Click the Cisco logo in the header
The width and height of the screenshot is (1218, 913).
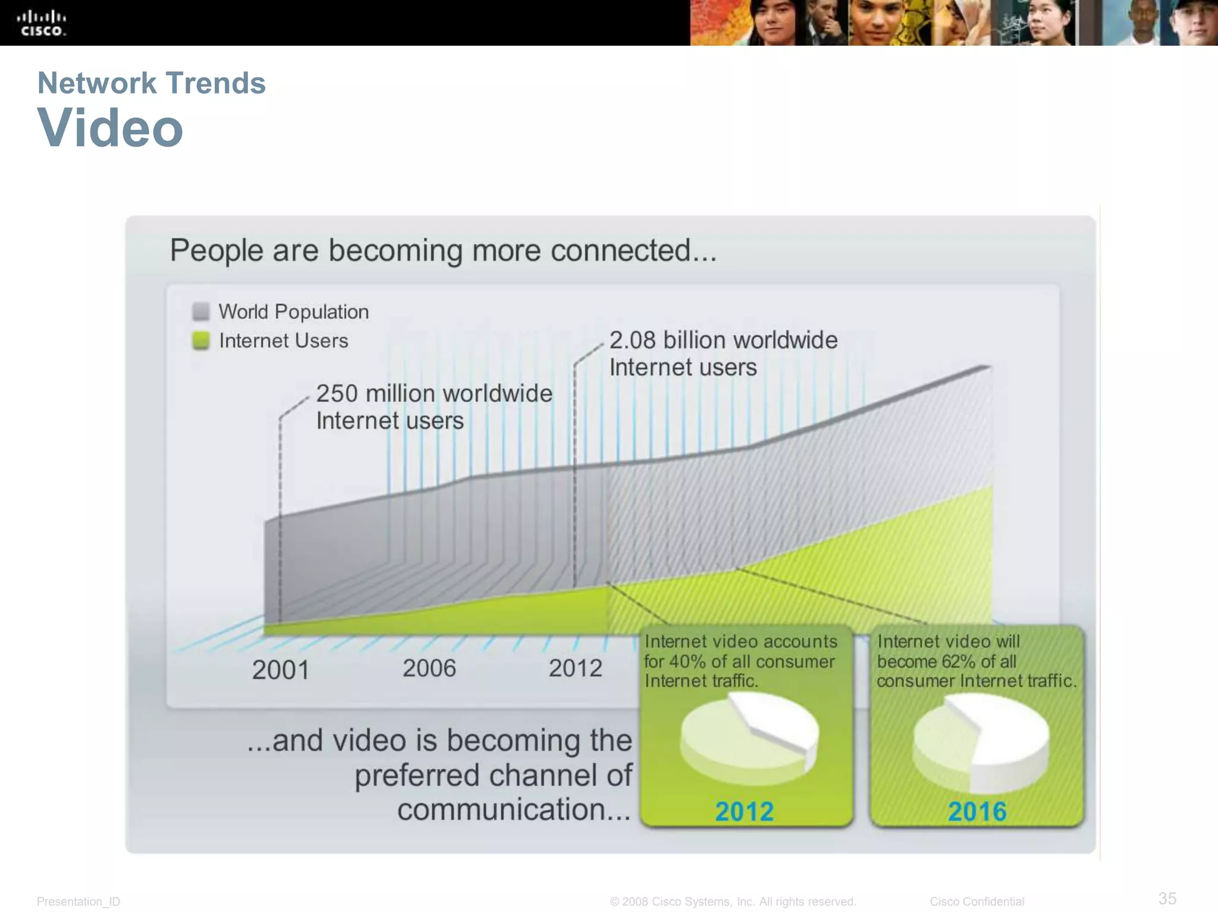click(x=41, y=23)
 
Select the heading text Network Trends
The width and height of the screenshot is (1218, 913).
click(x=151, y=83)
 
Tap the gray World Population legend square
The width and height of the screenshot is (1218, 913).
click(x=201, y=311)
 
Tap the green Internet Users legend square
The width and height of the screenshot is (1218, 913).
click(x=201, y=341)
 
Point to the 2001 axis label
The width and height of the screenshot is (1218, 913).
click(x=280, y=670)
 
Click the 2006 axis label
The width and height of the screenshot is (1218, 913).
click(x=429, y=668)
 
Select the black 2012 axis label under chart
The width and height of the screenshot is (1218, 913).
click(x=575, y=668)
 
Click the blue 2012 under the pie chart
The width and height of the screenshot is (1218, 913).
click(x=744, y=811)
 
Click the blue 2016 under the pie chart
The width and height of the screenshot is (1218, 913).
click(x=977, y=811)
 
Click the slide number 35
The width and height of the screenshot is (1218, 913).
click(x=1167, y=898)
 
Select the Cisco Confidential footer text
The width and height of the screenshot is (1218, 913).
click(x=977, y=902)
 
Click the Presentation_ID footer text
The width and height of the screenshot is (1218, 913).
click(x=79, y=902)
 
